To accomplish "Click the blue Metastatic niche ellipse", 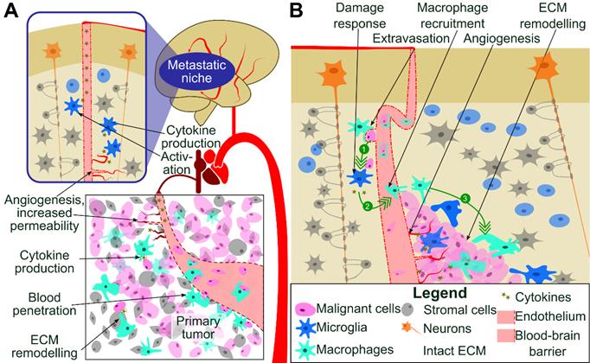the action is pos(196,72).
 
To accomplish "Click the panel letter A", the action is pos(11,10).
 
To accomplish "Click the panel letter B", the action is pos(296,10).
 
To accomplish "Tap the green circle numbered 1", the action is pos(364,150).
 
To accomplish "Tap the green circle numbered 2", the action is pos(368,206).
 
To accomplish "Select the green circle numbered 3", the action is pos(465,199).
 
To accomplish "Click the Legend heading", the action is pos(439,293).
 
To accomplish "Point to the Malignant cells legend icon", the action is pos(305,309).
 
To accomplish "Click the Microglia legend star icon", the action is pos(305,328).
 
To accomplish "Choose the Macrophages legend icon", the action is pos(305,350).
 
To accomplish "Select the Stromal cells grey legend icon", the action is pos(407,309).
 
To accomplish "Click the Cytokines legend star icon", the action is pos(506,296).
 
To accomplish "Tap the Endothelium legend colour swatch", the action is pos(505,316).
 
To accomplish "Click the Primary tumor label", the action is pos(198,328).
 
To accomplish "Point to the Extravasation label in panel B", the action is pos(411,38).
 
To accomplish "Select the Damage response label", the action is pos(360,16).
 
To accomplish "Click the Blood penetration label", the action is pos(44,304).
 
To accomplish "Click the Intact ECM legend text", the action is pos(454,351).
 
